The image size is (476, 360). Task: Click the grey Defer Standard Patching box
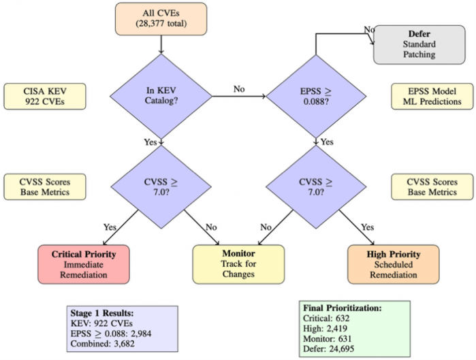tap(418, 45)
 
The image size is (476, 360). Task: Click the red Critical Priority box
tap(84, 264)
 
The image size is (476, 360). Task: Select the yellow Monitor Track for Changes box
tap(238, 264)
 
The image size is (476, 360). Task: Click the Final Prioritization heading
tap(341, 308)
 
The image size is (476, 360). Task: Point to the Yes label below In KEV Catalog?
tap(150, 142)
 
